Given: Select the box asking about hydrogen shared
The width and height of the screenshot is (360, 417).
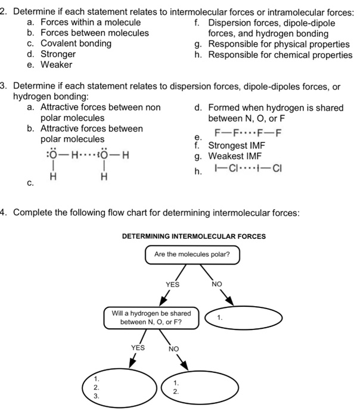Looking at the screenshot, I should point(151,318).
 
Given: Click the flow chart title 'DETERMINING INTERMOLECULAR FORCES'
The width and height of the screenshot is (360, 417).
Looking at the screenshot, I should point(194,236).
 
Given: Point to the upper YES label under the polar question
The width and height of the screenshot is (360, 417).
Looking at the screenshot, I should point(172,285).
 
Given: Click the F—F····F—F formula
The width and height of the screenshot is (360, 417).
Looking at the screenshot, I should point(248,133).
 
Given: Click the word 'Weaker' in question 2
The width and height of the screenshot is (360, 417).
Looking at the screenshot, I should point(56,65).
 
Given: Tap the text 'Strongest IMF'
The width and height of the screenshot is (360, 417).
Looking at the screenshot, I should point(237,145).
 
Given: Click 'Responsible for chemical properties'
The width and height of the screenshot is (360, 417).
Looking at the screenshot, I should point(280,54).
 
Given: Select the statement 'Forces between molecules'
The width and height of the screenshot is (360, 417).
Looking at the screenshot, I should point(94,33).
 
